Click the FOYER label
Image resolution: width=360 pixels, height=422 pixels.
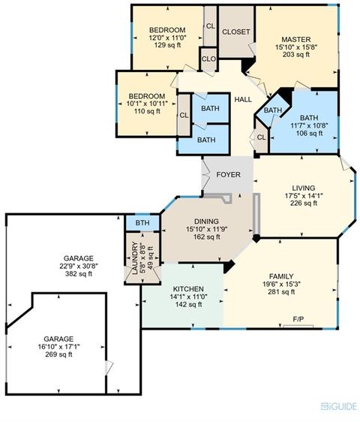pyautogui.click(x=228, y=175)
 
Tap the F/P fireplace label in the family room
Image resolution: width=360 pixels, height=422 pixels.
pyautogui.click(x=298, y=319)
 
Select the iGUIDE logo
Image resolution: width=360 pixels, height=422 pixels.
pyautogui.click(x=339, y=406)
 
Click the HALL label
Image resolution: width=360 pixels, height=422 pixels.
pyautogui.click(x=243, y=100)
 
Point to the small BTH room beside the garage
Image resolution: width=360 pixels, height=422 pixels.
pyautogui.click(x=142, y=223)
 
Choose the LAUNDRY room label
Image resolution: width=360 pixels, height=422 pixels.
pyautogui.click(x=135, y=258)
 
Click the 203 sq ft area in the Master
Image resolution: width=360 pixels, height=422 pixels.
pyautogui.click(x=296, y=54)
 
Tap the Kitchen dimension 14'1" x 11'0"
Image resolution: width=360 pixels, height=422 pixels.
pyautogui.click(x=188, y=297)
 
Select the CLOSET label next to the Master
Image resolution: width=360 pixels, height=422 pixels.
pyautogui.click(x=236, y=32)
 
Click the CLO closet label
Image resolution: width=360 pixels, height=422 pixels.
pyautogui.click(x=208, y=59)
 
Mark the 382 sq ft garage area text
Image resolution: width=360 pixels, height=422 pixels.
pyautogui.click(x=79, y=274)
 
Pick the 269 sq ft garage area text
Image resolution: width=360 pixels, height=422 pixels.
pyautogui.click(x=58, y=354)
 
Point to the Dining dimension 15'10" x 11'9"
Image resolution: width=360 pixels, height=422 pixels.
pyautogui.click(x=207, y=229)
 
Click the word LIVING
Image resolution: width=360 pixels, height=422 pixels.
pyautogui.click(x=304, y=188)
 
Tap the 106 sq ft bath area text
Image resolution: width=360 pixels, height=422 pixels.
pyautogui.click(x=310, y=133)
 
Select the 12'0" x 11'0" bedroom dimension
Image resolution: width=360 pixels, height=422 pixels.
pyautogui.click(x=167, y=38)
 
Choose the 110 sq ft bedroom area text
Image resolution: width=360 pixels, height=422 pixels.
pyautogui.click(x=147, y=111)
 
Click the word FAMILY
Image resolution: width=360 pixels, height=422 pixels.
pyautogui.click(x=281, y=276)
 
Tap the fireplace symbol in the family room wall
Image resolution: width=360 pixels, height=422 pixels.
pyautogui.click(x=298, y=327)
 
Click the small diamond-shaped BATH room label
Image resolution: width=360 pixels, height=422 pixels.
pyautogui.click(x=273, y=110)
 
